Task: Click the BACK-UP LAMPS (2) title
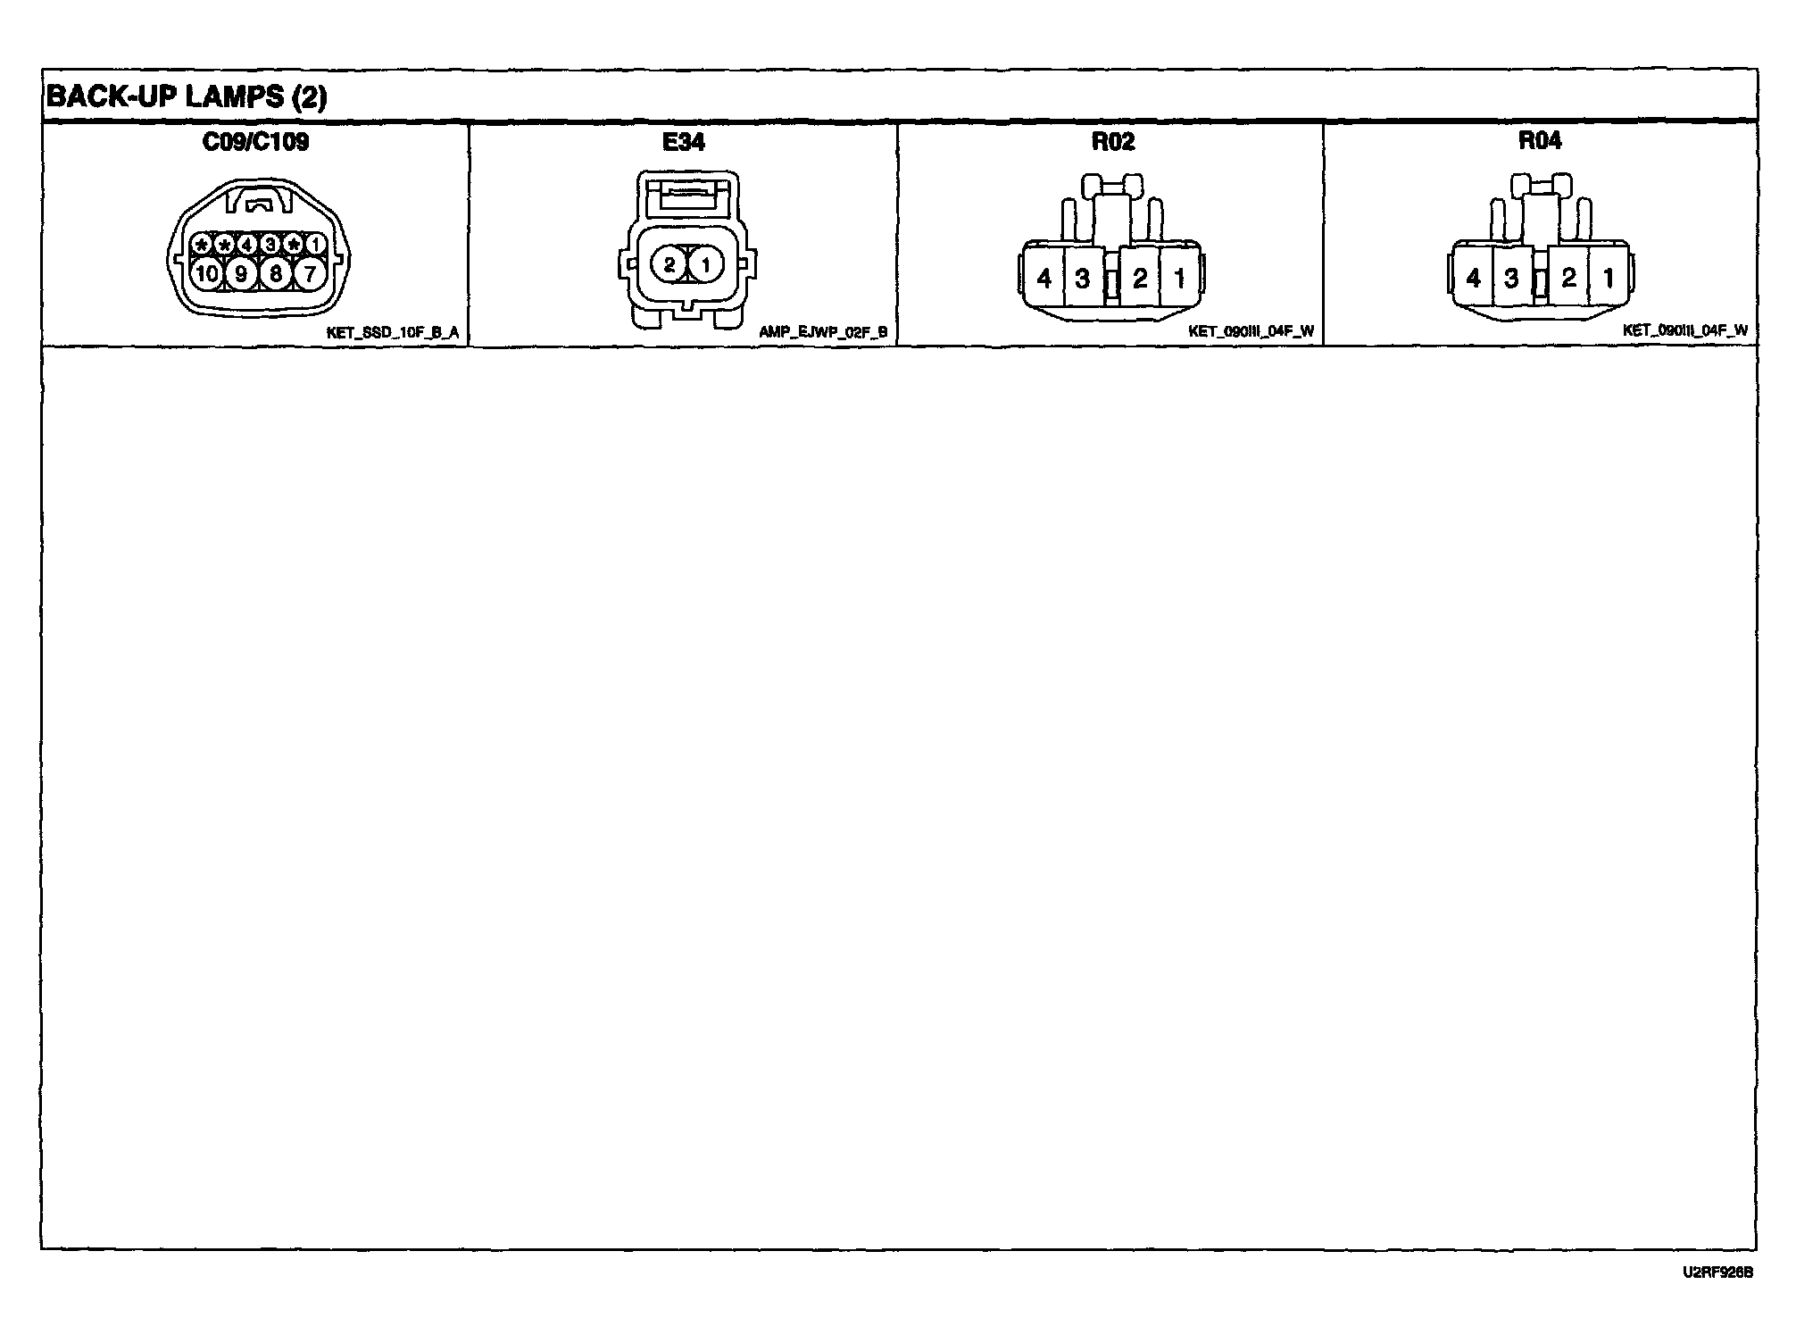[x=186, y=96]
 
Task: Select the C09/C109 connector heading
[x=256, y=142]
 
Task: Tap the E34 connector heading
[x=684, y=142]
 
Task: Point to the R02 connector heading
[x=1112, y=142]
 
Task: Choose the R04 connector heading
[x=1540, y=141]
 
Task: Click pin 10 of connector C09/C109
[x=207, y=273]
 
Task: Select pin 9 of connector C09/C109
[x=241, y=273]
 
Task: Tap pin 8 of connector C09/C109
[x=276, y=273]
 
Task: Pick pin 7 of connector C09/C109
[x=310, y=273]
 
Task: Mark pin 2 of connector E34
[x=669, y=264]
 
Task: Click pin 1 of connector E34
[x=705, y=264]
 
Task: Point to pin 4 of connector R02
[x=1044, y=279]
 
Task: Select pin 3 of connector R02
[x=1083, y=279]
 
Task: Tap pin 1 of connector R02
[x=1179, y=279]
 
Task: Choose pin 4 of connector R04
[x=1473, y=279]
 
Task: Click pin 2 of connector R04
[x=1568, y=278]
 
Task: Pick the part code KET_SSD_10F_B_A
[x=393, y=333]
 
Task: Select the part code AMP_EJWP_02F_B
[x=823, y=332]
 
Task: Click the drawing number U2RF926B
[x=1718, y=1272]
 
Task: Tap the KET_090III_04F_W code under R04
[x=1684, y=330]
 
